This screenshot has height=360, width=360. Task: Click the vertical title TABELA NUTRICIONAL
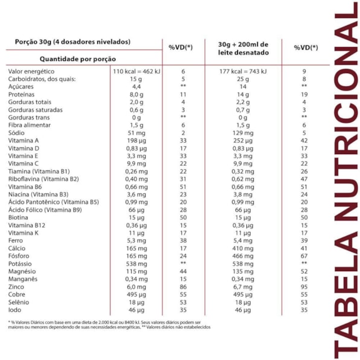click(x=346, y=181)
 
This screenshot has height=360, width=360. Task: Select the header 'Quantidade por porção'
click(x=77, y=59)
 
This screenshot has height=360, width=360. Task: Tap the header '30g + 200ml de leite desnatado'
click(x=243, y=48)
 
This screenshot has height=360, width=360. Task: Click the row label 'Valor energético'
click(x=31, y=71)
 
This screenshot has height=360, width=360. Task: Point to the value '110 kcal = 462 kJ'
click(x=137, y=71)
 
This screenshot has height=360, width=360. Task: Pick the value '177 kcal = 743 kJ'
click(x=243, y=71)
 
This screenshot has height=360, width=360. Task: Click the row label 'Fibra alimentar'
click(x=30, y=125)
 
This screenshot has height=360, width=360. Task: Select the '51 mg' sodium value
click(x=137, y=133)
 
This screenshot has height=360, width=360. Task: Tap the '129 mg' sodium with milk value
click(x=243, y=133)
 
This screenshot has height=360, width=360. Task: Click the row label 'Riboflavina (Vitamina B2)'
click(x=43, y=179)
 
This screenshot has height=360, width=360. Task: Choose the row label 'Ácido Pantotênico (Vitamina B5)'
click(x=54, y=202)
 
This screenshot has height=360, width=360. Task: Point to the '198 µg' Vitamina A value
click(x=137, y=141)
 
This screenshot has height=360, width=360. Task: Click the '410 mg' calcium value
click(x=243, y=248)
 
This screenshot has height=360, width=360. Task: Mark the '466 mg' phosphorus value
click(x=243, y=256)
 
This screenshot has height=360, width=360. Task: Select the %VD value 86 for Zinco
click(x=183, y=287)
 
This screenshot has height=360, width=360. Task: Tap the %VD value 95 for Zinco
click(x=304, y=287)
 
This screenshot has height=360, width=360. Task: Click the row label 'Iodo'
click(x=14, y=310)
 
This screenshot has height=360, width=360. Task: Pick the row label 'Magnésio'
click(x=22, y=271)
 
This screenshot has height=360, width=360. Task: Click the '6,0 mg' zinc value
click(x=137, y=287)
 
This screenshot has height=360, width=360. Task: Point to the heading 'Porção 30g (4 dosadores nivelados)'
click(x=72, y=42)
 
